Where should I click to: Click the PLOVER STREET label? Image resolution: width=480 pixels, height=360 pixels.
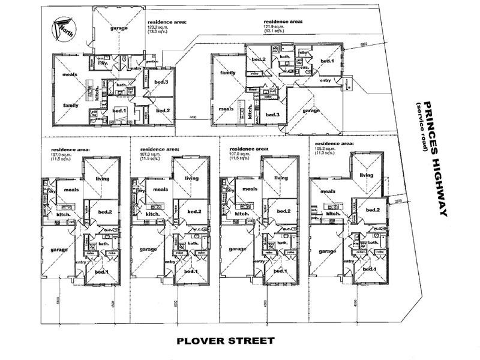pos(226,341)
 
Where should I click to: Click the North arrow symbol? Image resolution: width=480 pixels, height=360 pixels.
pos(62,28)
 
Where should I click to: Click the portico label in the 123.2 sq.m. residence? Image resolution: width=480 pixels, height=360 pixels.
pos(152,61)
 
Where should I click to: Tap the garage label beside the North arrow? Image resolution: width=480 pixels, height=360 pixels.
pos(119,28)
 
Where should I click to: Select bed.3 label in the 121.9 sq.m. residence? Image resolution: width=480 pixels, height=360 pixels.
pos(272,115)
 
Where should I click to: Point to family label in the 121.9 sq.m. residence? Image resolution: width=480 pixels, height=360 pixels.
pos(227,73)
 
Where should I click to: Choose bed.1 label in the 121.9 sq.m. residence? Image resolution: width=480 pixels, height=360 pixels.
pos(326,61)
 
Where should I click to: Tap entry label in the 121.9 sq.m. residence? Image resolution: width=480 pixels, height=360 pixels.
pos(325,80)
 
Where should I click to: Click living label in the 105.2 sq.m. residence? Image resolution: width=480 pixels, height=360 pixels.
pos(366,175)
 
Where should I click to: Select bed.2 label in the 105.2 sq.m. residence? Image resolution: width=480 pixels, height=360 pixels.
pos(373,209)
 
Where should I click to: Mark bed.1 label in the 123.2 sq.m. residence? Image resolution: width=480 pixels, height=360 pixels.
pos(119,110)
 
